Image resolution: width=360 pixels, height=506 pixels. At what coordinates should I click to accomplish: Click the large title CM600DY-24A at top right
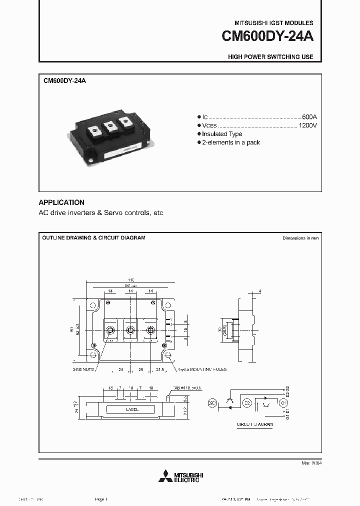(266, 37)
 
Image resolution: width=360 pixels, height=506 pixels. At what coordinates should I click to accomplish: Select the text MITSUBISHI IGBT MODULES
(274, 23)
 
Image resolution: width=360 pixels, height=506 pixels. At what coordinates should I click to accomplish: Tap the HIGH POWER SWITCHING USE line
(270, 57)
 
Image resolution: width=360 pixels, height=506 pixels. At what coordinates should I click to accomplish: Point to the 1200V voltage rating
(307, 125)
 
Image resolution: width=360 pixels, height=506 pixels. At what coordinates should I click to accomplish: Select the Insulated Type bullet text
(222, 134)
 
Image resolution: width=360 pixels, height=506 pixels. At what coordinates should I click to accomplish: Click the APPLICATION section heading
(61, 202)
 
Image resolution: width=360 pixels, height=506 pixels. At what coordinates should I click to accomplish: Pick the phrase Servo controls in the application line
(128, 212)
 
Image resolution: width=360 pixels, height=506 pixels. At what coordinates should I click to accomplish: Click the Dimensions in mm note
(300, 238)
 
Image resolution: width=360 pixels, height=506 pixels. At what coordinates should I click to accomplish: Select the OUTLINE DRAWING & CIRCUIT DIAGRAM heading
(93, 238)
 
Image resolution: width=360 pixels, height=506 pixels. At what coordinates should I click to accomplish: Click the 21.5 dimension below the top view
(159, 369)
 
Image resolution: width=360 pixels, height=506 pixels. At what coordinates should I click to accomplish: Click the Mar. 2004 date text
(311, 463)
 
